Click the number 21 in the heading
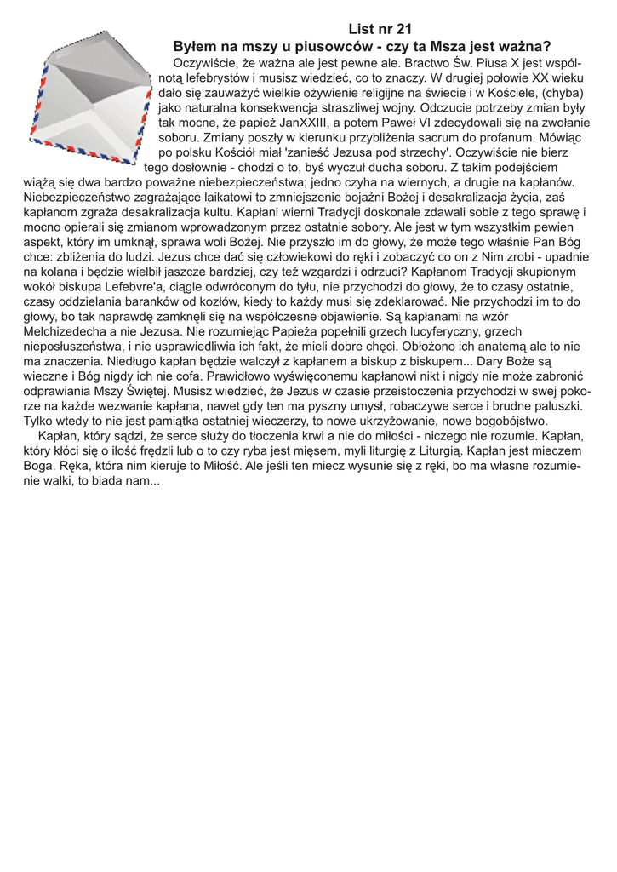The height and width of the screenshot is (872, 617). pyautogui.click(x=403, y=29)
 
